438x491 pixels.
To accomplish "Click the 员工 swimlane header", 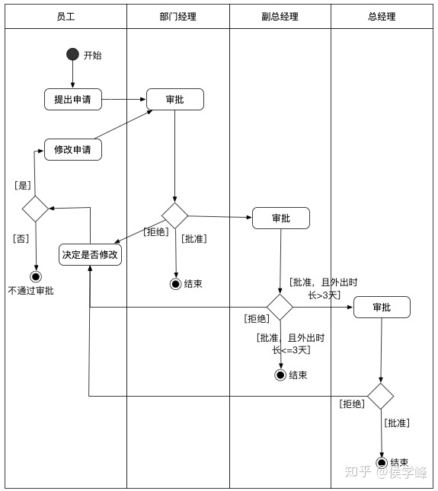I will tap(66, 17).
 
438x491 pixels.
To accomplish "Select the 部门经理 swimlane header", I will tap(177, 17).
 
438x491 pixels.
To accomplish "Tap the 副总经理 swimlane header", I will tap(280, 17).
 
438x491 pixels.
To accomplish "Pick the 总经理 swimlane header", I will tap(382, 17).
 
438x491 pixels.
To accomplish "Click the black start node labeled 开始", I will tap(73, 54).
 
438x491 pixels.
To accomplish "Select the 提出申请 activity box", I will tap(73, 99).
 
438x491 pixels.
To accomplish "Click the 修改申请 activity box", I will tap(73, 149).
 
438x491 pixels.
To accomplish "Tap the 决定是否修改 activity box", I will tap(91, 254).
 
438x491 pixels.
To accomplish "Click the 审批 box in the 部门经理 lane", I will tap(175, 99).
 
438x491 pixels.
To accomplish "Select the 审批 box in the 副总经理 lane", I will tap(281, 218).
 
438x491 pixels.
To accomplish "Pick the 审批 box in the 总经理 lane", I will tap(382, 307).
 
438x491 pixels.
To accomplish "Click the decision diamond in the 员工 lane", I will tap(35, 208).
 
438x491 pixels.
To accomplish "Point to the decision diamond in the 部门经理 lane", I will tap(175, 215).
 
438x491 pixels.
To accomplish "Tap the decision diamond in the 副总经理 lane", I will tap(280, 307).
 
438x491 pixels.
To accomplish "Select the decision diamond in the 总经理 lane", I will tap(381, 396).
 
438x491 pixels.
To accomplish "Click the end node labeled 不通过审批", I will tap(35, 276).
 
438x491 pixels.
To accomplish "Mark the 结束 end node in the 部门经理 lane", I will tap(176, 284).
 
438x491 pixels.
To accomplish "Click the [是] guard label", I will tap(23, 184).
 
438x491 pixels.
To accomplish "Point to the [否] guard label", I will tap(21, 238).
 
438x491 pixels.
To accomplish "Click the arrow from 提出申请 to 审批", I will tap(124, 99).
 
